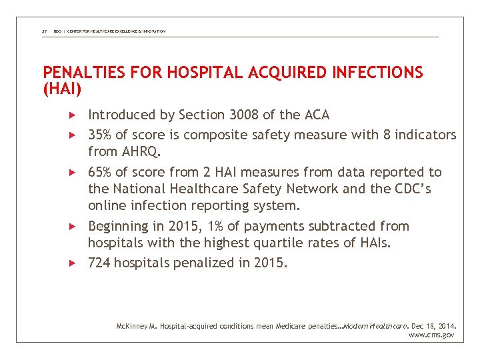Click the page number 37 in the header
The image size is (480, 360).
(44, 31)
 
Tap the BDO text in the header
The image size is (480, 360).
(57, 31)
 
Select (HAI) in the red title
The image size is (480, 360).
(62, 87)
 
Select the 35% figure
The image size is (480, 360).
(100, 135)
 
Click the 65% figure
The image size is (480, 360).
(100, 173)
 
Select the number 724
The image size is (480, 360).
(99, 263)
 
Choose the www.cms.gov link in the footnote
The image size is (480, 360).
(431, 335)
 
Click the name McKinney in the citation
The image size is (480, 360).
(131, 326)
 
